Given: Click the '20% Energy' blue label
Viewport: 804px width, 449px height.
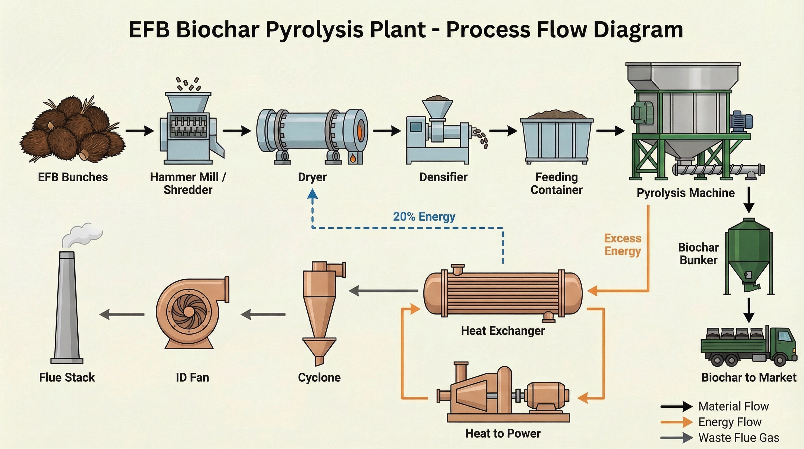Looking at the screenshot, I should [424, 216].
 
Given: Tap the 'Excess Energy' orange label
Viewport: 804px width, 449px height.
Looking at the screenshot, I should [622, 244].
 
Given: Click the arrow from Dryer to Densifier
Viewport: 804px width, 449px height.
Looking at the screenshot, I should [387, 131].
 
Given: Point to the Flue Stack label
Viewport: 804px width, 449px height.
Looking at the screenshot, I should [67, 377].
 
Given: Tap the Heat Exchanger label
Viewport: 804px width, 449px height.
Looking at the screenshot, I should [503, 331].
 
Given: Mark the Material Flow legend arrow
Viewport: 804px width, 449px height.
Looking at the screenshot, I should [676, 406].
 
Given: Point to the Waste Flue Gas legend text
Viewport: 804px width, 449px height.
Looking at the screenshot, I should [739, 438].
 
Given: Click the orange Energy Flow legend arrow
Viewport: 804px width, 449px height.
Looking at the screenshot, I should [676, 422].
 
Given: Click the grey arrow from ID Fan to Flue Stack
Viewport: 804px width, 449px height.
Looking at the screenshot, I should [122, 315].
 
